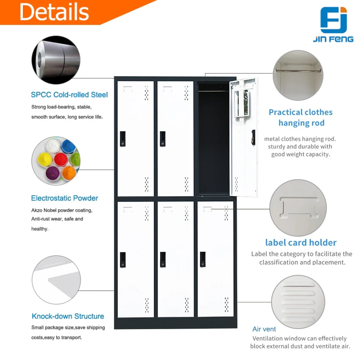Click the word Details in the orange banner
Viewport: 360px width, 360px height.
pos(54,11)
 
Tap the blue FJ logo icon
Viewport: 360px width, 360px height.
pos(333,20)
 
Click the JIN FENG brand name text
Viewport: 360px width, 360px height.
pos(333,39)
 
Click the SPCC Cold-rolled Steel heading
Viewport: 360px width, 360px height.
pos(69,95)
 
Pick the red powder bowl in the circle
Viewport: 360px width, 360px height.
pos(61,159)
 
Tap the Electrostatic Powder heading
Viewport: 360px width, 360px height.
pos(64,198)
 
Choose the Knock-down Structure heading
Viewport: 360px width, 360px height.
pos(68,316)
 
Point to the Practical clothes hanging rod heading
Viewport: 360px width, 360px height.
pos(301,118)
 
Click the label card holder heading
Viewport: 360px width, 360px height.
pos(301,243)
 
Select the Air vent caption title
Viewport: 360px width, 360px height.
pos(264,329)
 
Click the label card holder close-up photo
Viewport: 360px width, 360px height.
pos(298,208)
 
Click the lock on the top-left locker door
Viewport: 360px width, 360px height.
pos(123,138)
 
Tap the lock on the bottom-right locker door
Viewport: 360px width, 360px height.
pos(203,259)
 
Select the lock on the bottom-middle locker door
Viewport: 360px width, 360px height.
pos(163,259)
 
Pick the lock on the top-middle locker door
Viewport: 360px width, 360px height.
pos(163,138)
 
